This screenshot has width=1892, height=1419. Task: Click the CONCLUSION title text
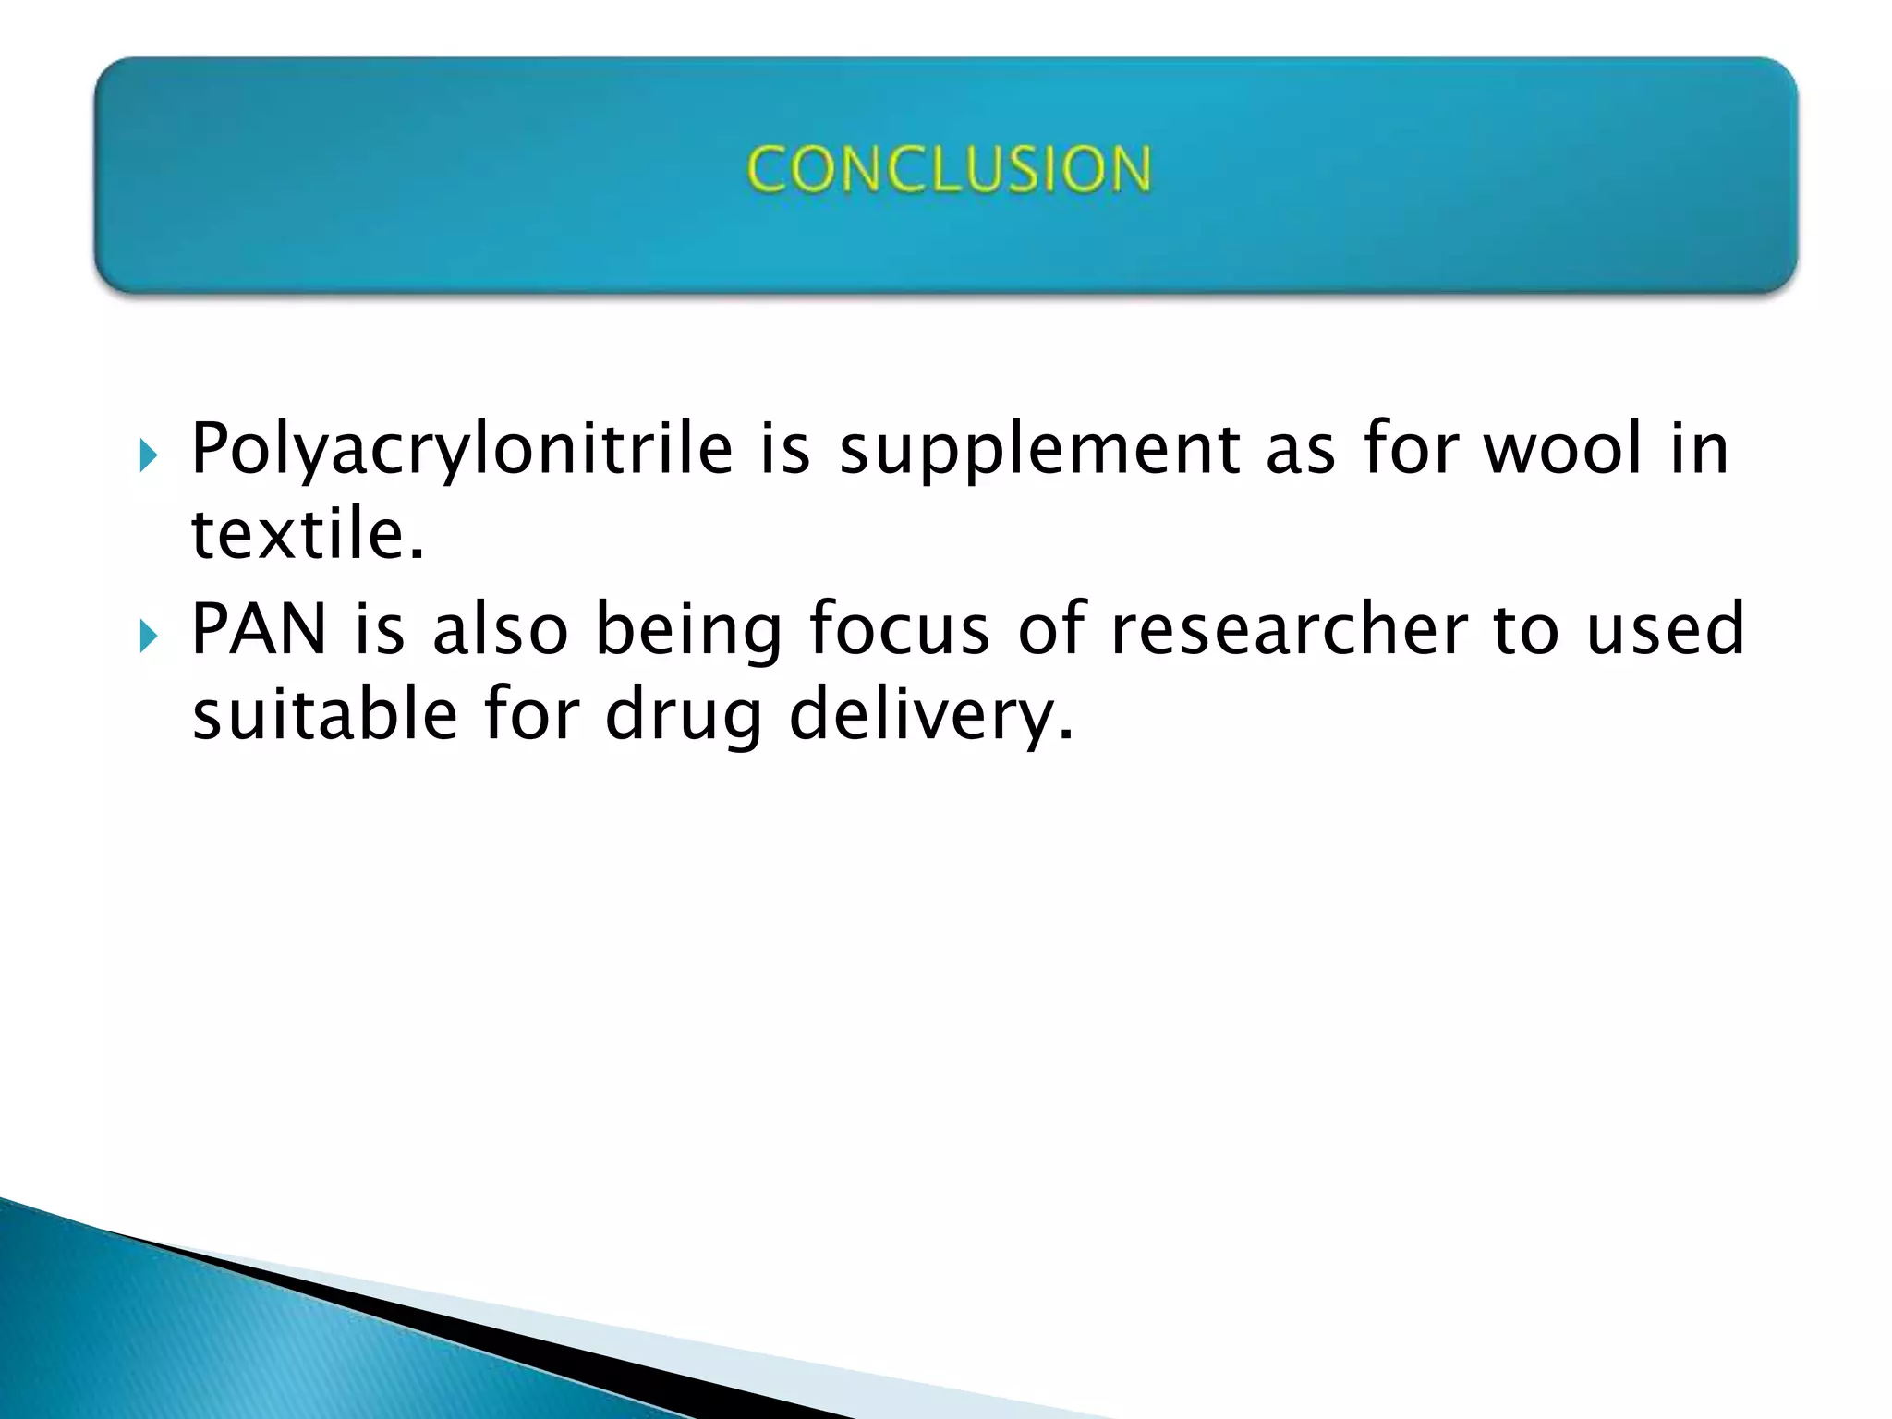(949, 170)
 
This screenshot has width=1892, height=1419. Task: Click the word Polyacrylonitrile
(461, 450)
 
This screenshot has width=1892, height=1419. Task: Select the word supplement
(1038, 450)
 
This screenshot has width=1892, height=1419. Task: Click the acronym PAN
(259, 629)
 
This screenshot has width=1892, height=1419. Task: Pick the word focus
(899, 628)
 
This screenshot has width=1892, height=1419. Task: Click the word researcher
(1289, 629)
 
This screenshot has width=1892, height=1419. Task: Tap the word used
(1665, 629)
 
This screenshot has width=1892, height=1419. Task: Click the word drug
(684, 717)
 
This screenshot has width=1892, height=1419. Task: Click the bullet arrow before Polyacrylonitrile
(148, 455)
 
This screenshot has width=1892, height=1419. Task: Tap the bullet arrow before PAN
(148, 636)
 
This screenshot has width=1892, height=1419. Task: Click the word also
(500, 629)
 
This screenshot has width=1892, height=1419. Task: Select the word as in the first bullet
(1300, 450)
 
